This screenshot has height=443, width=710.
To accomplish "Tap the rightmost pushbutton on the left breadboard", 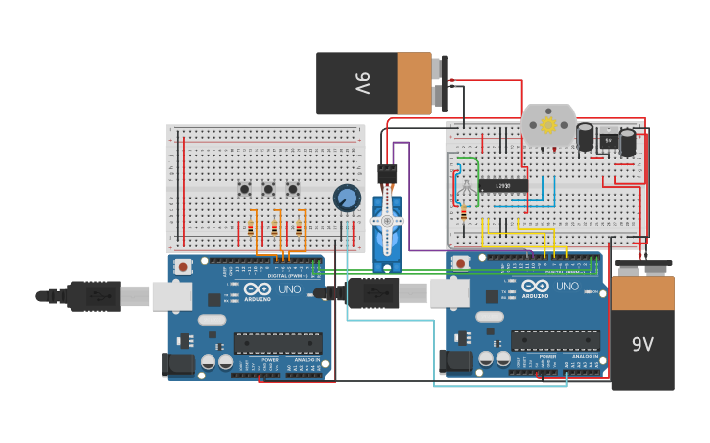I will click(292, 189).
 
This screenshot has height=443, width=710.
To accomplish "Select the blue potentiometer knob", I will click(346, 199).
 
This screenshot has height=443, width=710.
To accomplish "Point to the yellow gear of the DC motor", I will click(548, 125).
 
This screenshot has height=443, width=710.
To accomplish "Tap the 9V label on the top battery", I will click(362, 83).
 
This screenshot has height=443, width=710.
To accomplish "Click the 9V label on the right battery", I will click(642, 344).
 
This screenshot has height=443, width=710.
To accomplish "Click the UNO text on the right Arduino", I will click(567, 287).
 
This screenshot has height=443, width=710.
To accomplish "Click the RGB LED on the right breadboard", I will click(466, 186).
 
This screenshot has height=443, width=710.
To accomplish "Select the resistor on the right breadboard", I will click(463, 214).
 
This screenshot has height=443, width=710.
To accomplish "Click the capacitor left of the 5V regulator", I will click(586, 137).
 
